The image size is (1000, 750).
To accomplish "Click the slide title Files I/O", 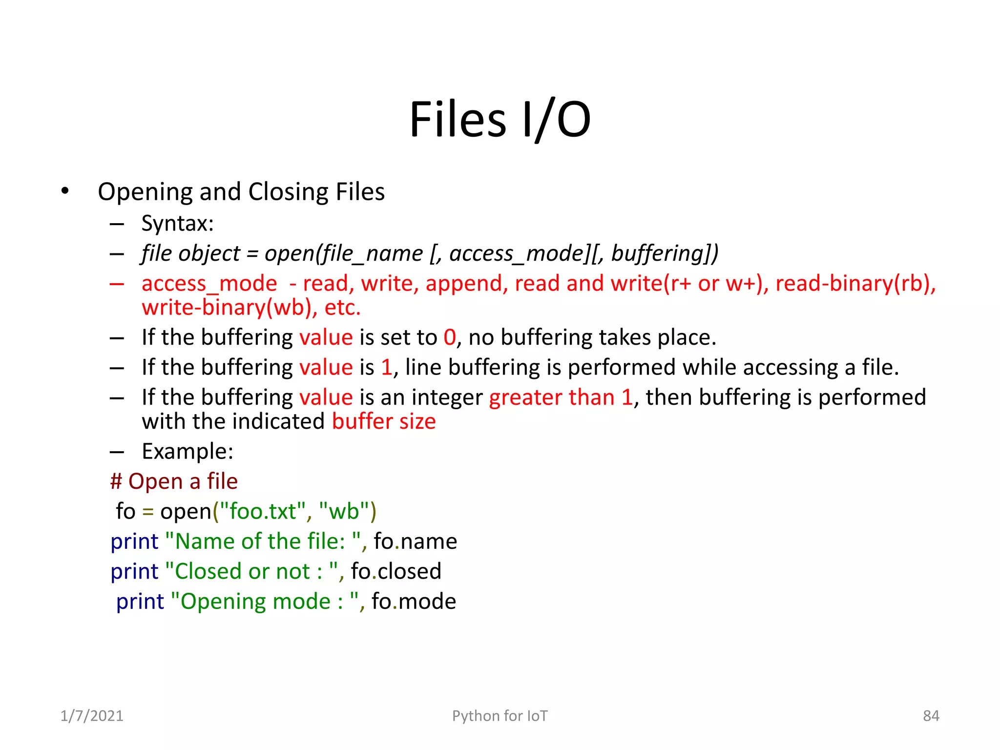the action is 500,119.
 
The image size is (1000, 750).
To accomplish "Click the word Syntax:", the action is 177,224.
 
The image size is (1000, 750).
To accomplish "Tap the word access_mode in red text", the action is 209,284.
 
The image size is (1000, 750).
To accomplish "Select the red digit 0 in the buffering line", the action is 449,337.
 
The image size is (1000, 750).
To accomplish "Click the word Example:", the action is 187,451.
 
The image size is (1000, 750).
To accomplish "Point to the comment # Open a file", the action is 174,481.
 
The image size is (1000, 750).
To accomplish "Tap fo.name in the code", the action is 415,542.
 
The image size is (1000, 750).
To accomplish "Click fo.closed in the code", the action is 396,571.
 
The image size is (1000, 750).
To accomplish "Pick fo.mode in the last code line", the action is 414,602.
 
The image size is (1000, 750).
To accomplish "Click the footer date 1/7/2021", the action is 92,716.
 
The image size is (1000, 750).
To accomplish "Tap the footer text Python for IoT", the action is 500,716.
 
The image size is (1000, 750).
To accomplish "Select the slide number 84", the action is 931,716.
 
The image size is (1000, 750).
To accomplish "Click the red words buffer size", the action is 384,421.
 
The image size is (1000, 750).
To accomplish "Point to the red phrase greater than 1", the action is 561,397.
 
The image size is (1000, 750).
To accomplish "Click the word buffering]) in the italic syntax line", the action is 665,253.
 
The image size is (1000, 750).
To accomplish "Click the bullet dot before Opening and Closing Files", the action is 65,191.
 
